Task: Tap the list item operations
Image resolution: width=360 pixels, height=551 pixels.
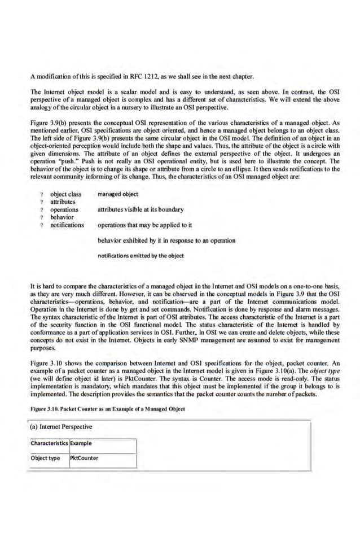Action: [x=64, y=209]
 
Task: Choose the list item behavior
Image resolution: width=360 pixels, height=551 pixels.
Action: [x=62, y=217]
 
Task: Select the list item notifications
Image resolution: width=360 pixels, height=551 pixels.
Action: [x=67, y=225]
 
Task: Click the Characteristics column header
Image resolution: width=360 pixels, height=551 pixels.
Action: [x=49, y=443]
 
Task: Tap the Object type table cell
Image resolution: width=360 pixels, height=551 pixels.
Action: [x=46, y=457]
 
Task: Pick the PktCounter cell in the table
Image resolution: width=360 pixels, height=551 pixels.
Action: [x=84, y=457]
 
